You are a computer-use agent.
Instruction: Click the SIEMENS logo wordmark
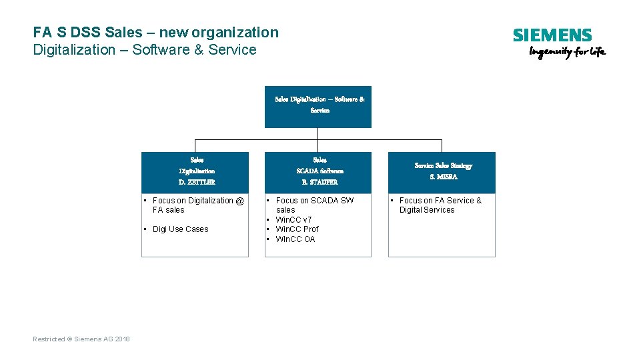[552, 35]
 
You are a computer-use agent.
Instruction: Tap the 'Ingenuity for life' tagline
[567, 53]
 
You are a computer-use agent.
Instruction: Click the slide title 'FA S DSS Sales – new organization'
[155, 32]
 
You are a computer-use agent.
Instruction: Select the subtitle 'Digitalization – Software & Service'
[144, 50]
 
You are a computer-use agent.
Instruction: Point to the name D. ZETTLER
[197, 182]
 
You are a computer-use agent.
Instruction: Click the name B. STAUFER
[319, 182]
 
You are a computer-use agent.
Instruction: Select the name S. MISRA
[444, 177]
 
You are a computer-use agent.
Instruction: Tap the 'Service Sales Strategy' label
[444, 165]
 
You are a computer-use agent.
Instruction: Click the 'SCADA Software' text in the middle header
[319, 171]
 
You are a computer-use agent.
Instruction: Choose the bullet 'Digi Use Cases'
[180, 229]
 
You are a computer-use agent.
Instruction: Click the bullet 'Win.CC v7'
[293, 219]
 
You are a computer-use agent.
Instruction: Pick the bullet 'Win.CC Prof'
[297, 229]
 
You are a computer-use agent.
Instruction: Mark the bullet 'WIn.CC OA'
[295, 239]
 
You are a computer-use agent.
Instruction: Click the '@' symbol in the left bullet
[240, 201]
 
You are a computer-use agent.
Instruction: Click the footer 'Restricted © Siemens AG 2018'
[81, 339]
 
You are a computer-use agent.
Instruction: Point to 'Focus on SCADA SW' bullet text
[314, 201]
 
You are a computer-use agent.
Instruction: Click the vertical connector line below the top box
[318, 134]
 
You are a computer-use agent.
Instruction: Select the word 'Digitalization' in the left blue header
[197, 171]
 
